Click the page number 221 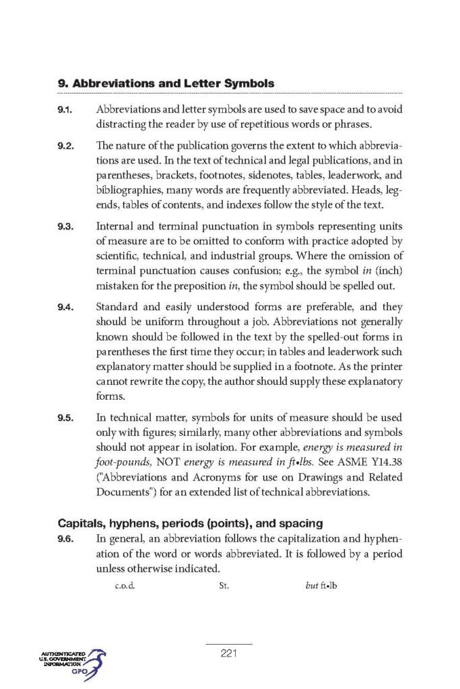(x=229, y=652)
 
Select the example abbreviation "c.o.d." (x=125, y=585)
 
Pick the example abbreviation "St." (x=225, y=585)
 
